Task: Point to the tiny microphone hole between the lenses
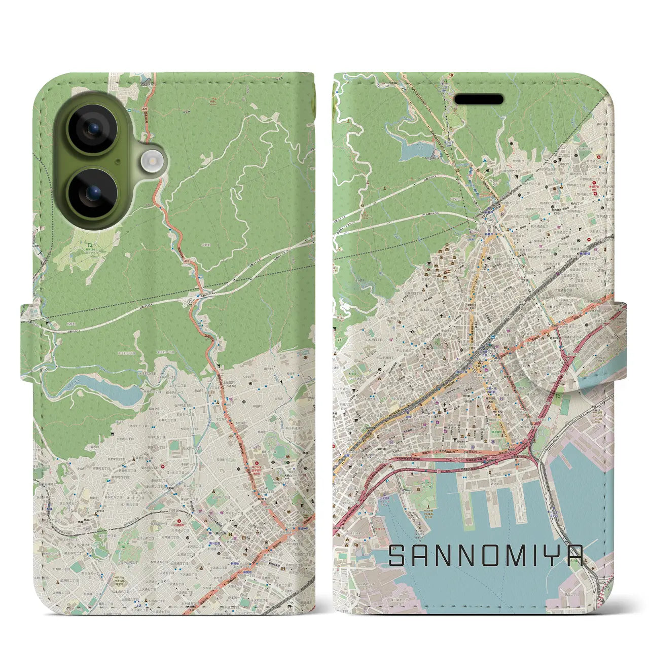pos(117,162)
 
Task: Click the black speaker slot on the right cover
pos(479,99)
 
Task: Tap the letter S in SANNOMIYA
pos(398,556)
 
